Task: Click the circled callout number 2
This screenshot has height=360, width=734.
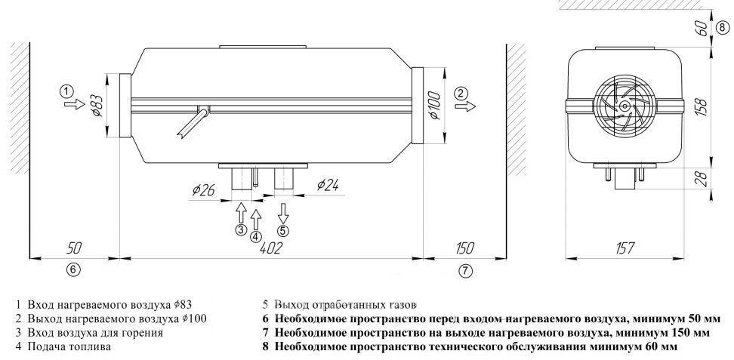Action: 461,93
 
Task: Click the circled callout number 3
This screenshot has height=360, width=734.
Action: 240,229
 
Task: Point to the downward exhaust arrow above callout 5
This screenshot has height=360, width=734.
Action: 283,211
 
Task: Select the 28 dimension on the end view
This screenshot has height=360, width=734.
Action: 700,180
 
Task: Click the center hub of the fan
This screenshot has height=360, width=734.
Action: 625,106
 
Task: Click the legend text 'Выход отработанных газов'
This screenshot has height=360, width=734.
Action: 339,306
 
